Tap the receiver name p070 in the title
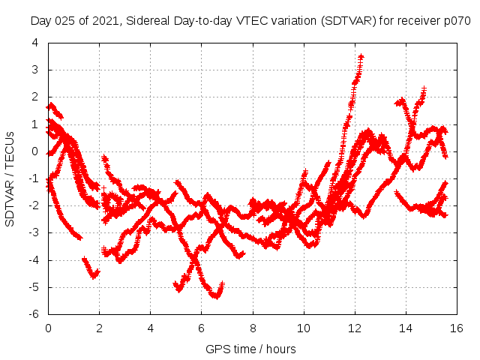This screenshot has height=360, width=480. coord(455,21)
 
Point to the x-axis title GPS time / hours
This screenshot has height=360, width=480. coord(250,349)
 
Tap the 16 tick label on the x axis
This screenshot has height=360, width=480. coord(456,328)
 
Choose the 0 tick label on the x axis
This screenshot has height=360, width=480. coord(48,328)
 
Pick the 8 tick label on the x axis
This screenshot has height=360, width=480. coord(253,328)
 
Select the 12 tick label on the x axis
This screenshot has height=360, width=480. coord(355,328)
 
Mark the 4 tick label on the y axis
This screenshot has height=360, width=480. coord(35,43)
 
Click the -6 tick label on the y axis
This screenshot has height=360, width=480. coord(34,314)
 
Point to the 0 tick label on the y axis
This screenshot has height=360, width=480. coord(35,151)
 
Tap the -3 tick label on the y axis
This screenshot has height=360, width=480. coord(34,232)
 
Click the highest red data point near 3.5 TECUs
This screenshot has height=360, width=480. coord(361,56)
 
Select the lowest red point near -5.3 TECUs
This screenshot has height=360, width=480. coord(217,296)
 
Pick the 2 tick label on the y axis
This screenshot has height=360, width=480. coord(35,97)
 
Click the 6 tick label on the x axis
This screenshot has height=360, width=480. coord(202,328)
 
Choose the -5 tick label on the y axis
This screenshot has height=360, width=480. coord(34,287)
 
